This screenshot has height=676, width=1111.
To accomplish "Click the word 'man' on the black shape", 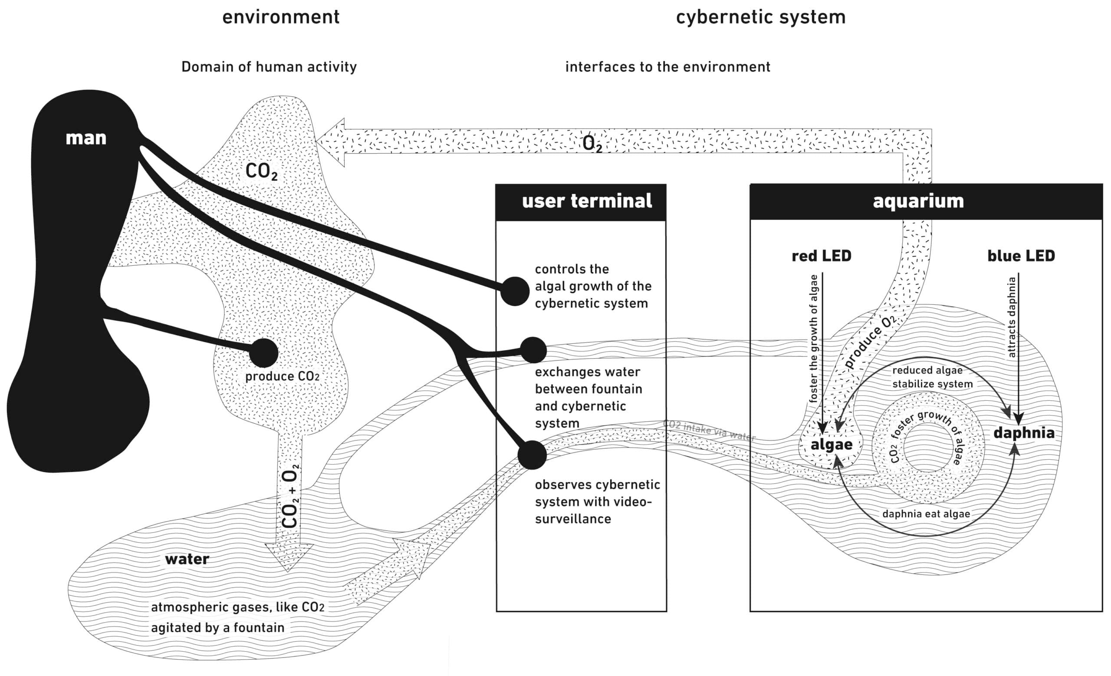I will tap(86, 138).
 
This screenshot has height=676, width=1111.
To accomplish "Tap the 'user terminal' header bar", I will tap(581, 201).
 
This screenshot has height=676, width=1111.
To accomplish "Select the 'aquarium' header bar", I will tap(926, 201).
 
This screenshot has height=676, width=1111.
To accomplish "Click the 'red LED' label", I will tap(821, 256).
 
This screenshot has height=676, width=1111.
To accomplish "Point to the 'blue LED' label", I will tap(1021, 256).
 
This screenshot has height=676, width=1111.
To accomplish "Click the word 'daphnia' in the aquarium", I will tap(1024, 433).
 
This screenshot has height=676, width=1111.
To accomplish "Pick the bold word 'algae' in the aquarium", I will tap(832, 445).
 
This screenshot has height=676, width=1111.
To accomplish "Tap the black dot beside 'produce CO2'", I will tap(263, 353).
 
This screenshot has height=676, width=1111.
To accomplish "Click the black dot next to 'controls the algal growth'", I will tap(515, 291).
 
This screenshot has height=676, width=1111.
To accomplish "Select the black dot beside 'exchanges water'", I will tap(533, 350).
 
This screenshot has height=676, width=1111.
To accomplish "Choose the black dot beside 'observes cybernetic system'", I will tap(532, 455).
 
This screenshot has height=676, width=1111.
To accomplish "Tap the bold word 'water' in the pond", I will tap(187, 559).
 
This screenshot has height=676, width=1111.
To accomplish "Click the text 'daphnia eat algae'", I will tap(926, 514).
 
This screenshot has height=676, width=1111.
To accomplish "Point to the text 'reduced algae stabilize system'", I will tap(932, 377).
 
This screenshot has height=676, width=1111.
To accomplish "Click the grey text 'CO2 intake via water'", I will tap(709, 430).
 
